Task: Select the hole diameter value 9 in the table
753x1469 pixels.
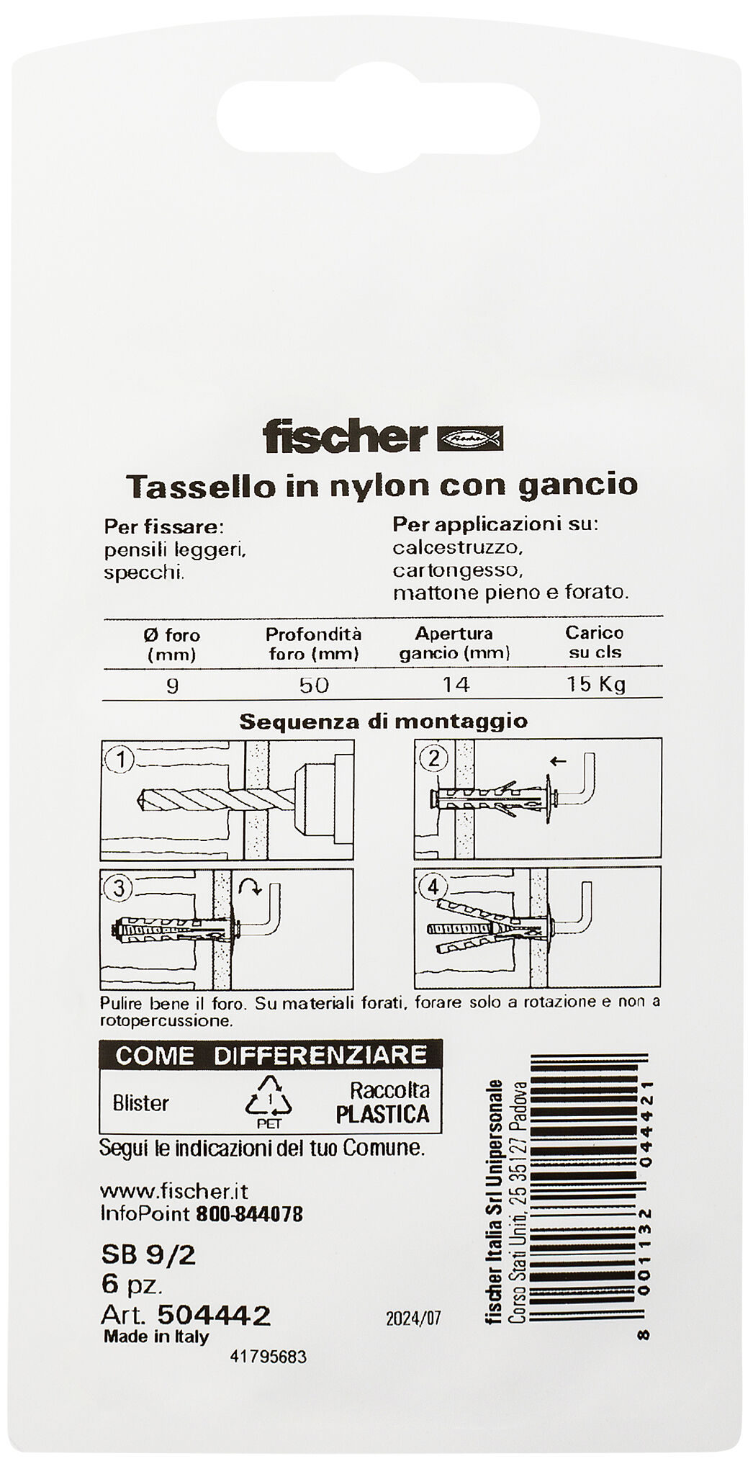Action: pos(171,683)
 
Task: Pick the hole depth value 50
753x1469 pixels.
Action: pos(313,683)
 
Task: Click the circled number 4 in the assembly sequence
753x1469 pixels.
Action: pos(432,887)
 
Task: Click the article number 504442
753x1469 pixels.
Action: pos(214,1316)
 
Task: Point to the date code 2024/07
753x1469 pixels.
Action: pos(412,1319)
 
